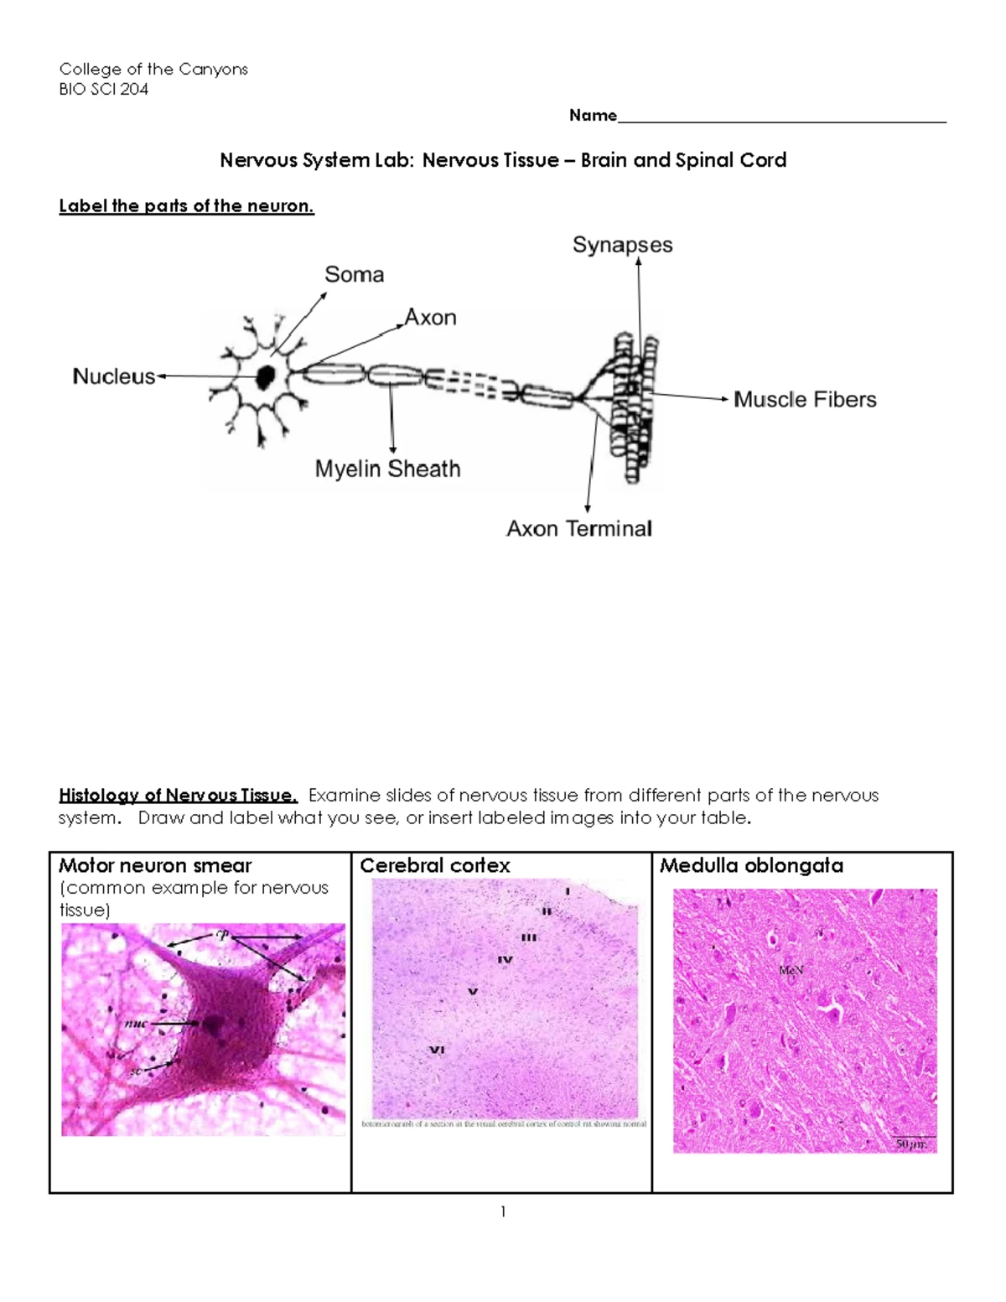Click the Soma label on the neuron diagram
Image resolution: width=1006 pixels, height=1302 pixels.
(x=354, y=275)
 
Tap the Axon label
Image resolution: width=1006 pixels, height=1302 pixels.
(x=431, y=318)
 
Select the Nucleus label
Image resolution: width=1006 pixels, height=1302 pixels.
(x=113, y=376)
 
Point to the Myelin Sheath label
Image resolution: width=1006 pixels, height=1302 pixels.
(x=387, y=469)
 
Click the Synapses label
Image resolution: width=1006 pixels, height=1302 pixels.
(x=622, y=245)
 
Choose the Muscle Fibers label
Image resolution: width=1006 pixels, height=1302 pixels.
(x=805, y=400)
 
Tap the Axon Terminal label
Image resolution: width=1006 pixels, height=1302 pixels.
(x=578, y=529)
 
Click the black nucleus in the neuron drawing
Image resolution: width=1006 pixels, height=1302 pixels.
(x=266, y=376)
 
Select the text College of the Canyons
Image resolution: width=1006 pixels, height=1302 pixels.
(x=153, y=70)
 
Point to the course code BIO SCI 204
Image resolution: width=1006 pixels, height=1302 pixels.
(x=104, y=90)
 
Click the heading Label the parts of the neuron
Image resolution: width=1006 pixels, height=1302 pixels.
(x=186, y=206)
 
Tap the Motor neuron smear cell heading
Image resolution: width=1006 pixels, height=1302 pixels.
(x=155, y=866)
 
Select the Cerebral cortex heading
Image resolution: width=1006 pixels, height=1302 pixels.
(x=434, y=866)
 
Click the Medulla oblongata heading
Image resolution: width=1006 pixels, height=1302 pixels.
(x=751, y=866)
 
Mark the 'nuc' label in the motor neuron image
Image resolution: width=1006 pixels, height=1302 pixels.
(x=135, y=1024)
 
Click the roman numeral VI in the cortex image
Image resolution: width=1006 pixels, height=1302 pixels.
(x=437, y=1050)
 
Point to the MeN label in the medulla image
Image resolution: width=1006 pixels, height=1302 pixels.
(x=791, y=970)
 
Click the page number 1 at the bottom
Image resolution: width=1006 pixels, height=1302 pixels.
(x=502, y=1211)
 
